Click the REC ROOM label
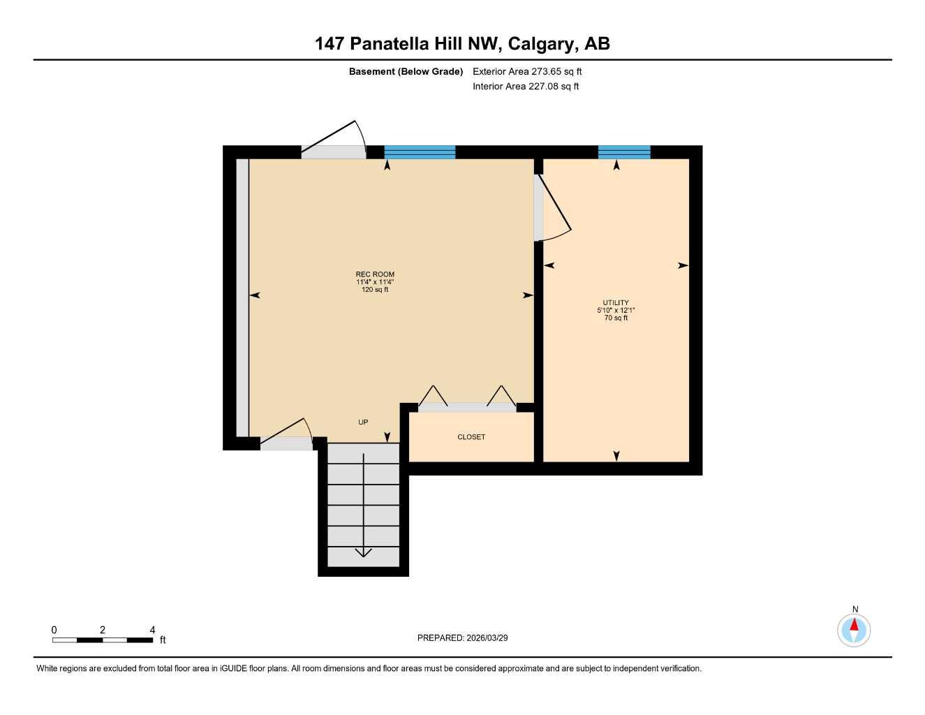point(375,274)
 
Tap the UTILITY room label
point(616,303)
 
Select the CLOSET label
point(471,437)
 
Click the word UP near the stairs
point(363,422)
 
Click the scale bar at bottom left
point(103,640)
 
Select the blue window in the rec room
point(420,152)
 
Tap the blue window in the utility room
point(624,152)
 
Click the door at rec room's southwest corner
point(286,436)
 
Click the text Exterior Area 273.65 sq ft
point(527,71)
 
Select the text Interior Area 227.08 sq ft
point(526,87)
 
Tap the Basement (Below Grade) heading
point(406,71)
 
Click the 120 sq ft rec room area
point(375,290)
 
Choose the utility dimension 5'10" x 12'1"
point(616,310)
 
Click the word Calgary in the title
point(542,43)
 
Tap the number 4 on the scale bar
point(152,630)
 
